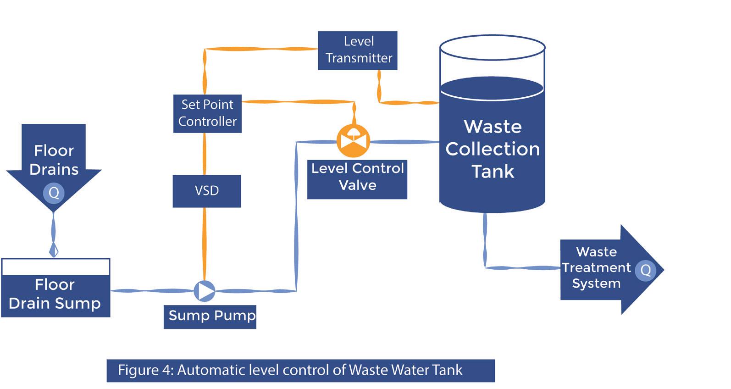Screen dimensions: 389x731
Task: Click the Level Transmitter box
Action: coord(358,50)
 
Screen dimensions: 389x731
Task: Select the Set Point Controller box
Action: coord(207,114)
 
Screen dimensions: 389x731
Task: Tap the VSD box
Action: coord(207,191)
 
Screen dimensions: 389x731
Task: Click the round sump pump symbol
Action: coord(204,290)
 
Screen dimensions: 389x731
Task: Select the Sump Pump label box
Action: coord(210,317)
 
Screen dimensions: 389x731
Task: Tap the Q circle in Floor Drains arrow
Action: coord(54,193)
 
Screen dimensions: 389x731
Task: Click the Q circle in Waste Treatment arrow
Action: coord(645,270)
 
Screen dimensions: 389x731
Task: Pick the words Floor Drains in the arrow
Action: coord(54,160)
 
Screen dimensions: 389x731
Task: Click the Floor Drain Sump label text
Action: coord(55,295)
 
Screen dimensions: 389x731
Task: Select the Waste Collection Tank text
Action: coord(493,149)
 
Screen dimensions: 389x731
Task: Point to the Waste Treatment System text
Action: coord(596,268)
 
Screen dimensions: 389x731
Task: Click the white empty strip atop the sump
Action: coord(55,267)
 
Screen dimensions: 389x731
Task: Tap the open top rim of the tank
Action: coord(493,46)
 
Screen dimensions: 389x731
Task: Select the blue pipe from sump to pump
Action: coord(151,290)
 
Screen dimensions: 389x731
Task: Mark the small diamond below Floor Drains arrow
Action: coord(54,250)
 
